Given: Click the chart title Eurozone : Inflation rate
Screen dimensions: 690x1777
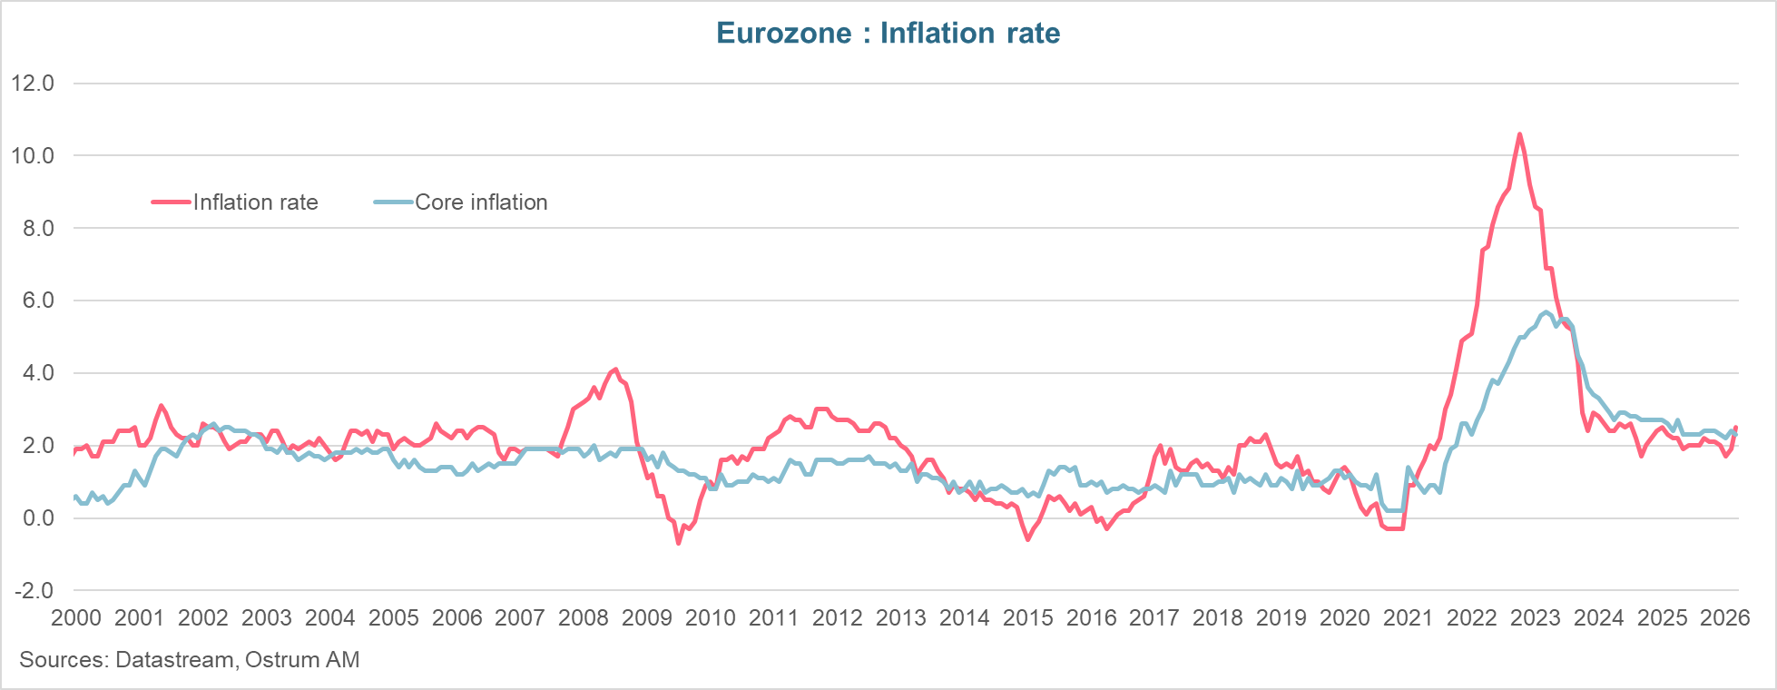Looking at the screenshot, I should tap(888, 34).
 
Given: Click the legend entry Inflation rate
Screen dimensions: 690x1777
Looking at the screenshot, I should tap(255, 202).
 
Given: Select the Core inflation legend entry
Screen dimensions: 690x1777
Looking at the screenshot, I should tap(481, 202).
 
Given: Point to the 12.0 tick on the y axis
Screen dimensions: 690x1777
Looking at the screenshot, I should tap(33, 84).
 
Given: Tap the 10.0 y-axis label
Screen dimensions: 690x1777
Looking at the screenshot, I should tap(33, 156).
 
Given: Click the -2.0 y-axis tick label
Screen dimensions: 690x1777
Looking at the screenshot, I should tap(33, 591).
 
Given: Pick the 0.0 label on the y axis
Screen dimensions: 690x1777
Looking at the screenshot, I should tap(36, 518).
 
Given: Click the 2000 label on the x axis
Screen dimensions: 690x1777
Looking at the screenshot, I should tap(76, 618).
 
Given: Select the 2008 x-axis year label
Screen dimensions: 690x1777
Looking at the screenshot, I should tap(583, 618).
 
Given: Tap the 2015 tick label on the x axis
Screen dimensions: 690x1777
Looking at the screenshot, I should tap(1027, 618).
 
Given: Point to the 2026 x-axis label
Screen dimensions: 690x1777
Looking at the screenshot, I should tap(1724, 618).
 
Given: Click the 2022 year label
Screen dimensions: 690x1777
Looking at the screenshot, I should tap(1471, 618).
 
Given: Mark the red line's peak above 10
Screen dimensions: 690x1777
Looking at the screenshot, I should tap(1519, 134).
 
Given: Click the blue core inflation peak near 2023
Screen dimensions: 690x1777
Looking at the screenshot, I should tap(1546, 312).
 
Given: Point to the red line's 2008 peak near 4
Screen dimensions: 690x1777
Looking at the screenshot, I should tap(615, 370).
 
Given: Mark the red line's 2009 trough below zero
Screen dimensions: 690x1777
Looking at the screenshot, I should tap(678, 543).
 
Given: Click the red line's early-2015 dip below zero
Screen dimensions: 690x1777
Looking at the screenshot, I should tap(1027, 539).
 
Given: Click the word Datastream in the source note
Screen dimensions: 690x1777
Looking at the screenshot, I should tap(174, 660).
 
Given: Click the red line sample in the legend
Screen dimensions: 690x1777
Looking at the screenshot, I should tap(172, 202).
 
